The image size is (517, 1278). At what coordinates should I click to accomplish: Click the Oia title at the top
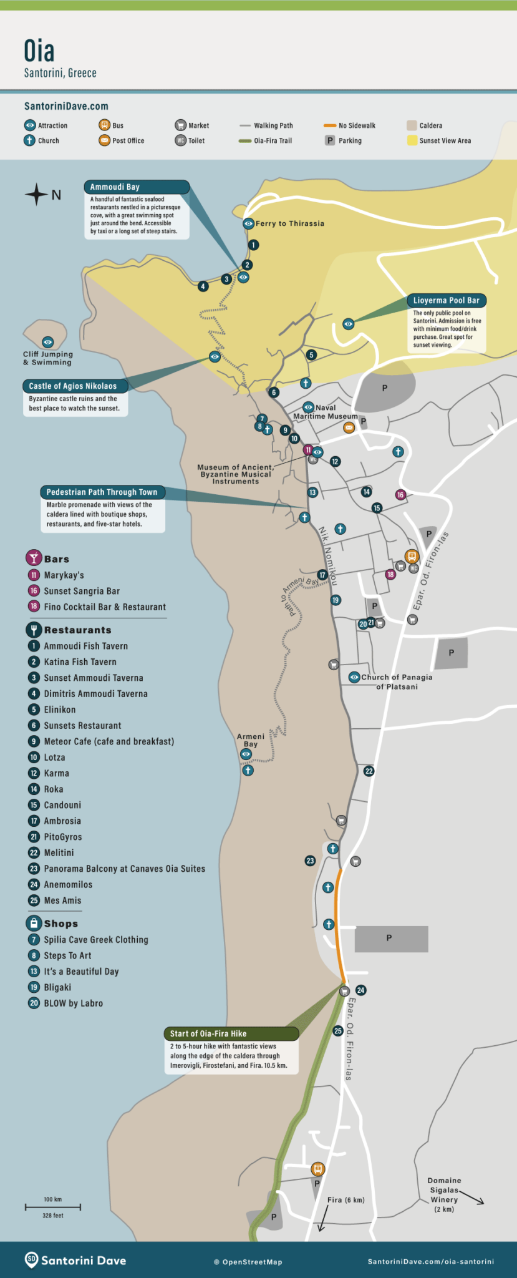(x=39, y=51)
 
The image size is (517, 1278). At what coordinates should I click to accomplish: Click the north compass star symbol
(x=36, y=195)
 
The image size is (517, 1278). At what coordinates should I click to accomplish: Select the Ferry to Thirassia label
(x=289, y=223)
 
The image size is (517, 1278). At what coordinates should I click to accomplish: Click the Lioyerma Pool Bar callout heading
(x=446, y=300)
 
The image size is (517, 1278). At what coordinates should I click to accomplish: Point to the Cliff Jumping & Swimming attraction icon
(x=47, y=342)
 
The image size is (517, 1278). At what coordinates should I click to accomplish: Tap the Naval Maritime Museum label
(x=325, y=412)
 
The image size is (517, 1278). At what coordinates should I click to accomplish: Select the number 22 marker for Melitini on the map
(x=369, y=771)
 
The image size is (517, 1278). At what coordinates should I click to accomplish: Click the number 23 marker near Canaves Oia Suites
(x=310, y=861)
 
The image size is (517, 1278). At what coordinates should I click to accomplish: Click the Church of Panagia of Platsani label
(x=397, y=681)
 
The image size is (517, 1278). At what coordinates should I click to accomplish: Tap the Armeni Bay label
(x=250, y=740)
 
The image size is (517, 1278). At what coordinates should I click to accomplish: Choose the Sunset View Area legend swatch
(x=412, y=140)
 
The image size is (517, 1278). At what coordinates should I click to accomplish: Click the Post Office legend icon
(x=104, y=140)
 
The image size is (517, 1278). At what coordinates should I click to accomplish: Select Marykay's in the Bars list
(x=64, y=575)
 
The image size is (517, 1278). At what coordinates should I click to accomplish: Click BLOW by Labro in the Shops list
(x=73, y=1003)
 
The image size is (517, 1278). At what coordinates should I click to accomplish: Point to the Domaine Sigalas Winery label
(x=444, y=1194)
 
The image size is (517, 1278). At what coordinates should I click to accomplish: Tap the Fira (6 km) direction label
(x=345, y=1199)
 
